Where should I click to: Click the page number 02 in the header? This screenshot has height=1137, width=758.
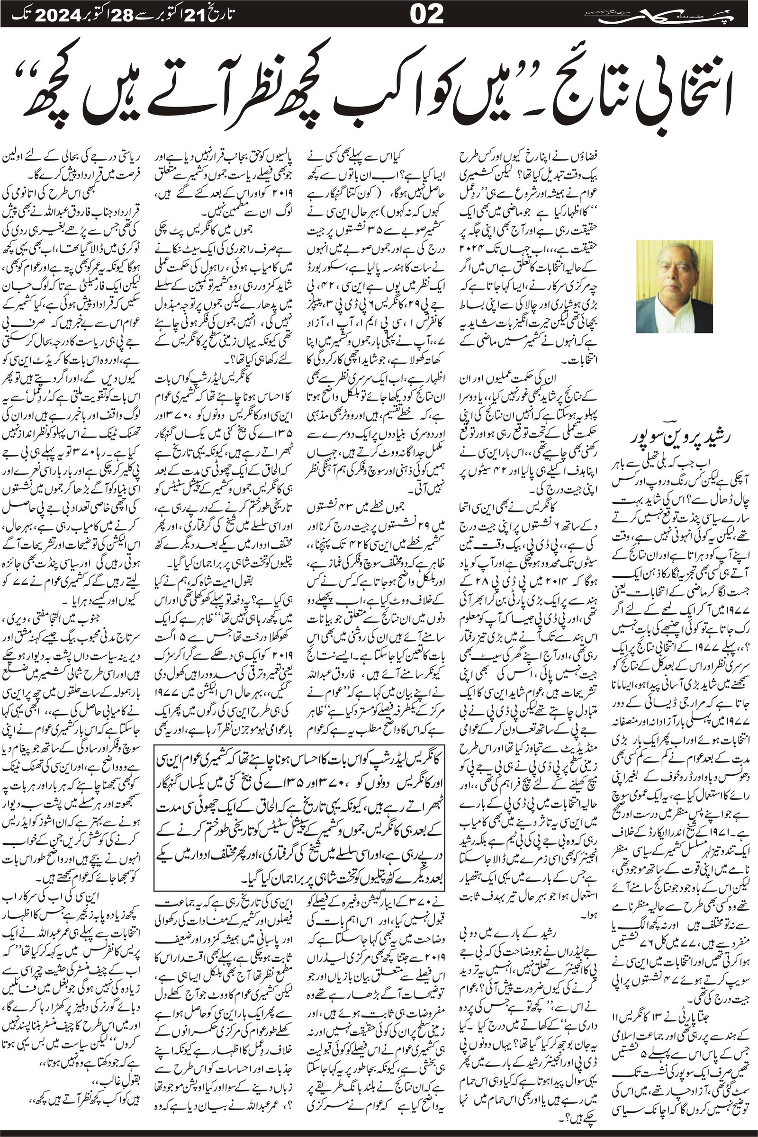click(x=426, y=14)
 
